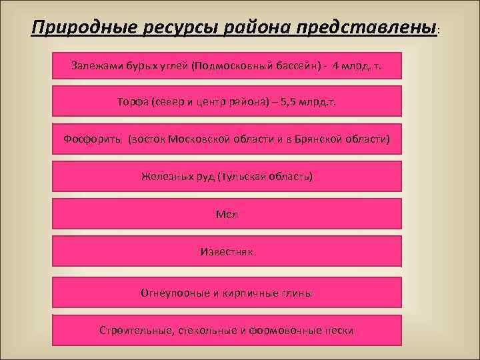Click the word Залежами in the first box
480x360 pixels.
tap(95, 66)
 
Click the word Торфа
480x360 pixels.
tap(131, 102)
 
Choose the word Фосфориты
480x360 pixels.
tap(93, 139)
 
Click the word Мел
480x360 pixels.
tap(227, 215)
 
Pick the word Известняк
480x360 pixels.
tap(227, 252)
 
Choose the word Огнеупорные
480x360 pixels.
tap(172, 292)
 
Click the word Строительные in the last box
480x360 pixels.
tap(135, 330)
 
